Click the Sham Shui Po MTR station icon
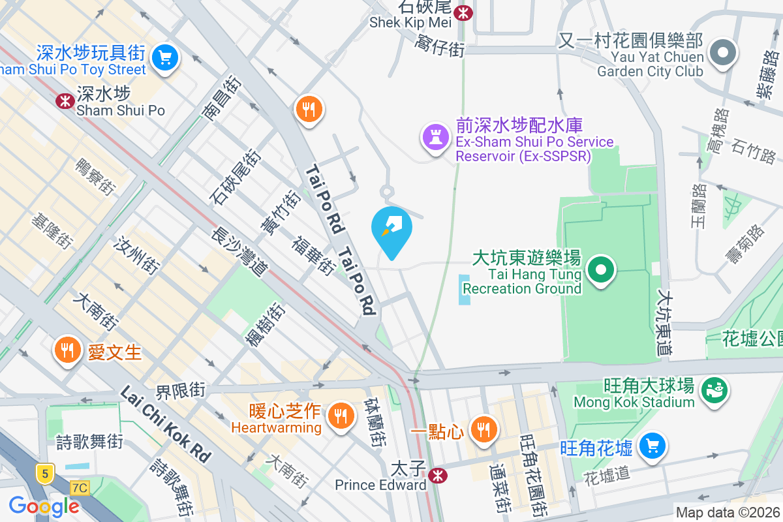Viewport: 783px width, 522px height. coord(65,100)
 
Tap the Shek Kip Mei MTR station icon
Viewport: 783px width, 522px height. coord(463,12)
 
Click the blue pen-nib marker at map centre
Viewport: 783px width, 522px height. coord(391,228)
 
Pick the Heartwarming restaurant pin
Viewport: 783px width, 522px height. coord(339,415)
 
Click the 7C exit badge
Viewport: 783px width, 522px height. coord(79,487)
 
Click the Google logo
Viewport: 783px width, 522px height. coord(44,506)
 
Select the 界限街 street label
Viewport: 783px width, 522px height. coord(180,391)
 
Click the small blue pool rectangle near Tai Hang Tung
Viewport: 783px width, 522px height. coord(464,289)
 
